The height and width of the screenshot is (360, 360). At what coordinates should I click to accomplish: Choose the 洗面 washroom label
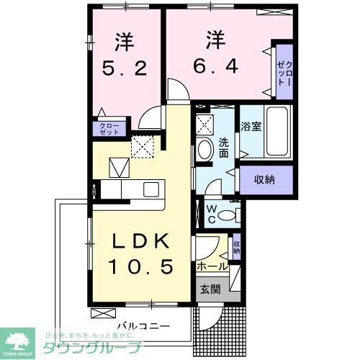[x=223, y=148]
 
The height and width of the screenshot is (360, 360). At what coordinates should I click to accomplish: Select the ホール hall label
[x=212, y=266]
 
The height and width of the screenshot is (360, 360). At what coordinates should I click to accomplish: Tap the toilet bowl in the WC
[x=229, y=214]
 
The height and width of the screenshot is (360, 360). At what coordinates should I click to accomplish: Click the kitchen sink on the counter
[x=151, y=189]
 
